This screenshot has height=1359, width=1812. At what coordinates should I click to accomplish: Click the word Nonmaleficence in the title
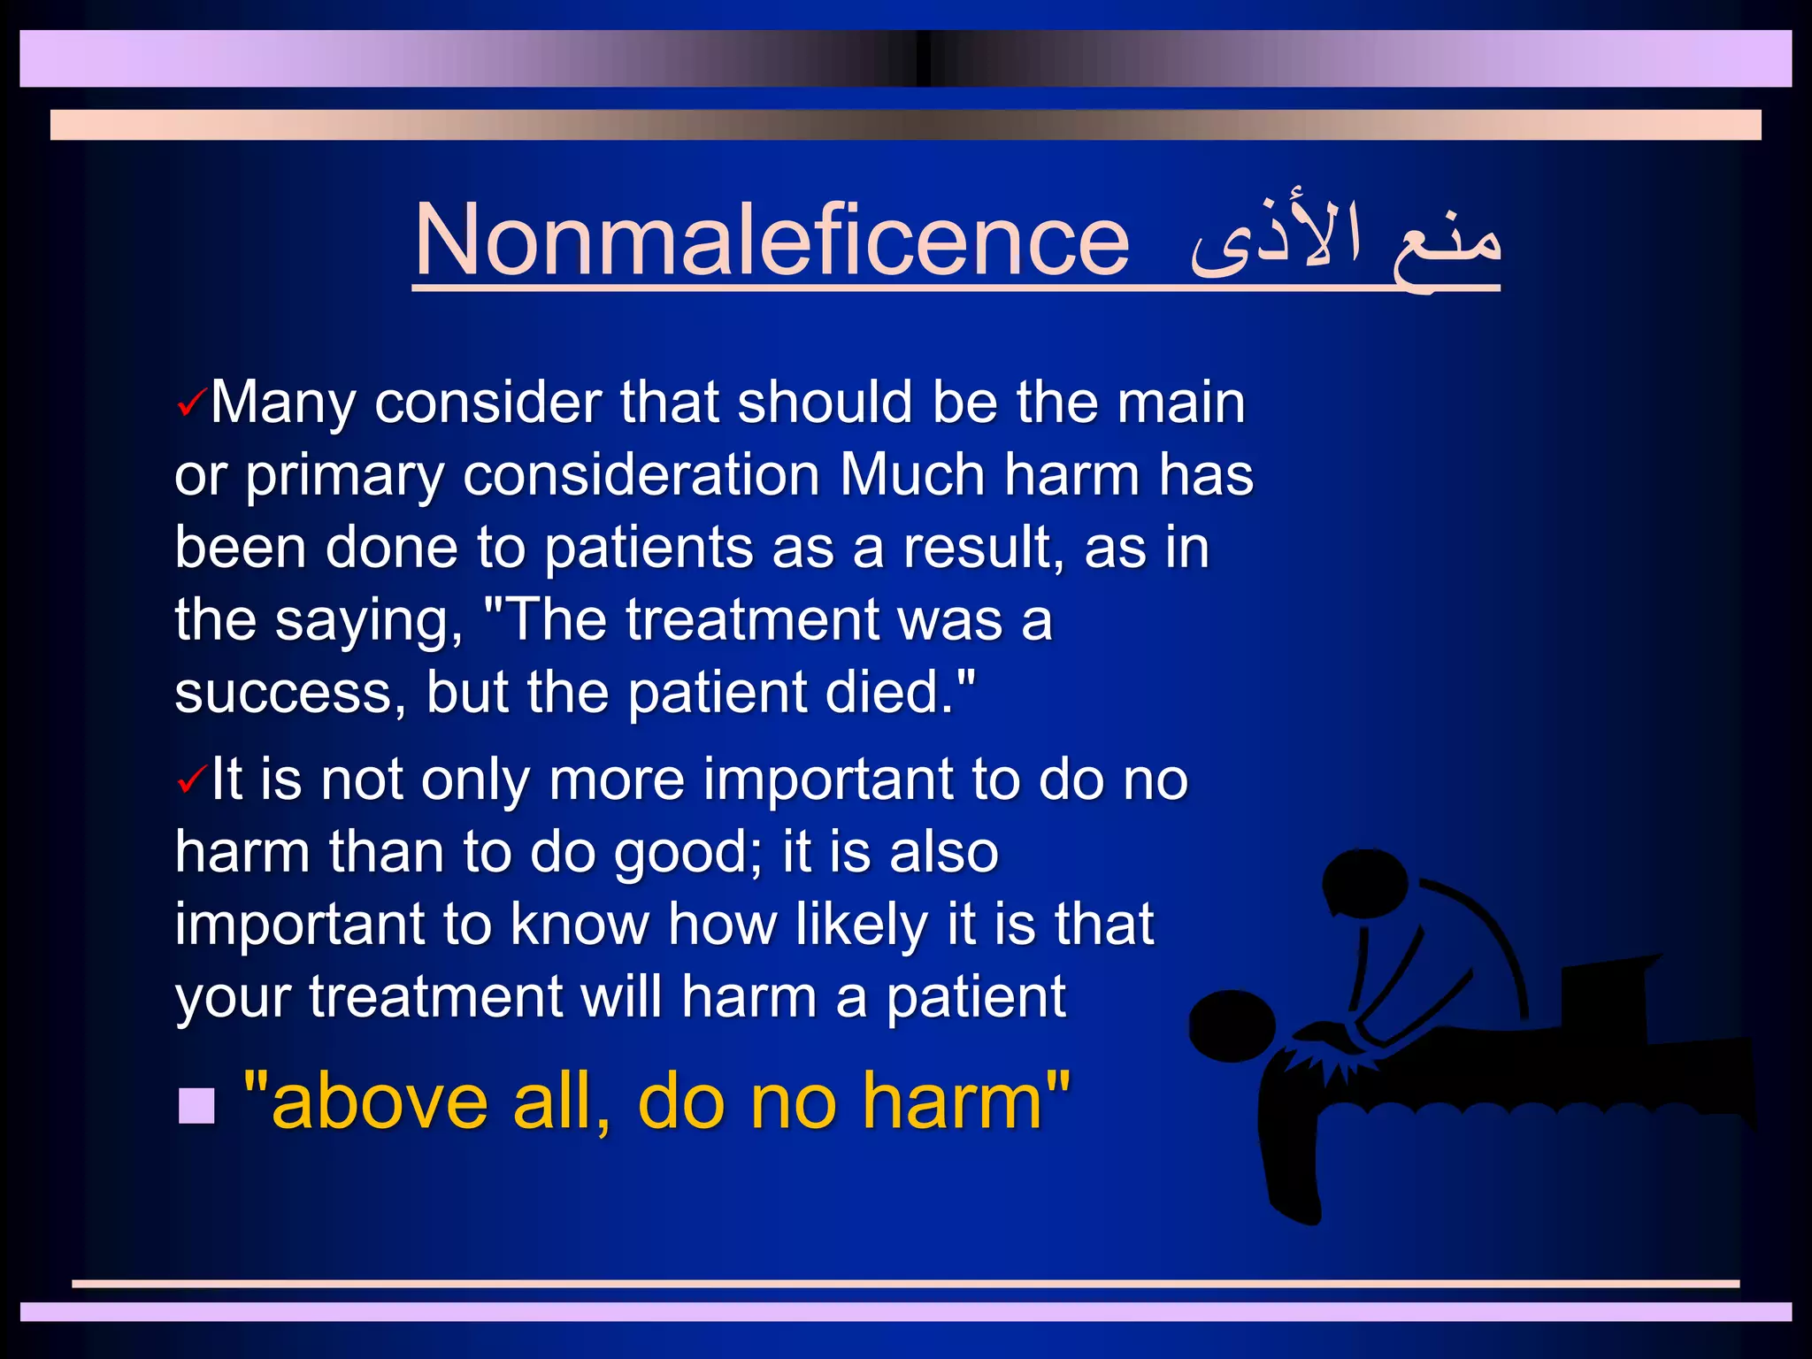point(772,241)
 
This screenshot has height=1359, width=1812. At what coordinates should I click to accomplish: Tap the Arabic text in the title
point(1345,241)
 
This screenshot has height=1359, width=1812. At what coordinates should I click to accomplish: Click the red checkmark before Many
point(191,403)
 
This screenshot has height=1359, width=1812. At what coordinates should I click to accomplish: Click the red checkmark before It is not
point(191,780)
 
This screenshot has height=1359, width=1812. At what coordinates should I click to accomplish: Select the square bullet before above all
point(196,1105)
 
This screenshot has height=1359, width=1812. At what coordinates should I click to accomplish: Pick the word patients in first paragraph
point(648,549)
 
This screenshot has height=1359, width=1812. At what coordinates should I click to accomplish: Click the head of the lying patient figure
point(1231,1026)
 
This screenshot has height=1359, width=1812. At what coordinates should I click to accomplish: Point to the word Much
point(911,476)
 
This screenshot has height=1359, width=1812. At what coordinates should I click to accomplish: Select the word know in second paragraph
point(580,925)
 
